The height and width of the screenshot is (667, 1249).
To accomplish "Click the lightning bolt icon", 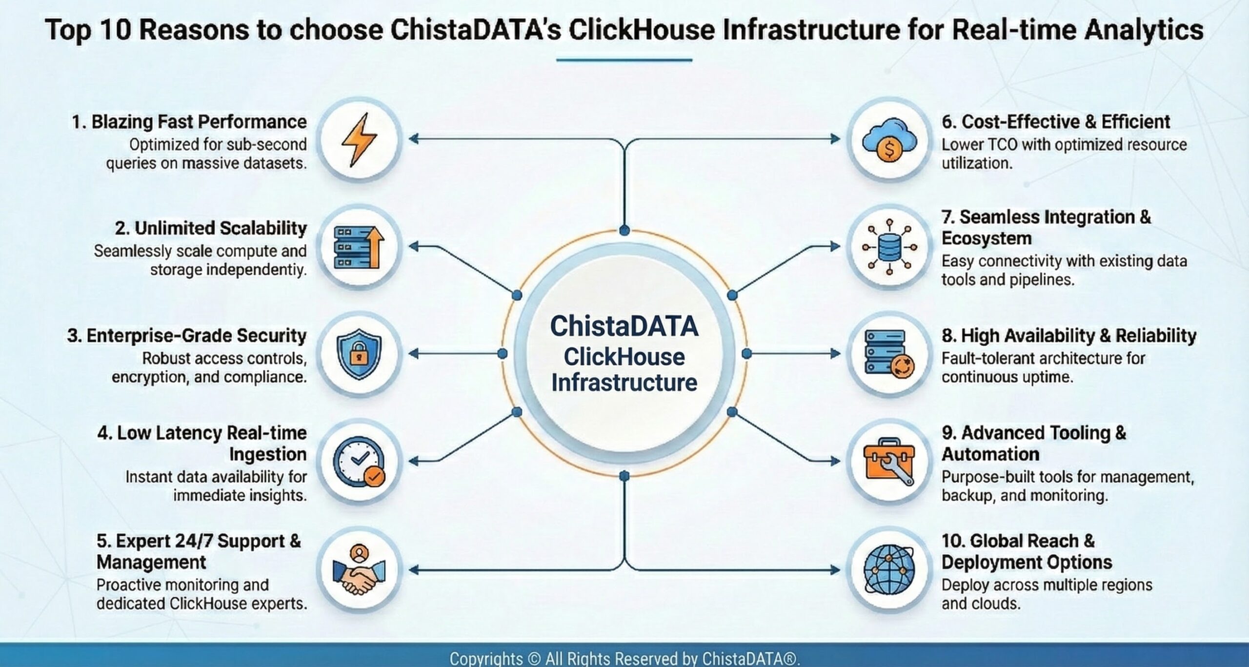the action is pos(359,140).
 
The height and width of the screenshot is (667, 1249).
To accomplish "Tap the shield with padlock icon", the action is pos(359,354).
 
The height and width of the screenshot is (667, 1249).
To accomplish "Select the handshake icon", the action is pos(359,570).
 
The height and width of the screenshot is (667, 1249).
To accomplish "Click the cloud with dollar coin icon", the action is pos(889,140).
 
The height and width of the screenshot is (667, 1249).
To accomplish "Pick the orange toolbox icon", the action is pos(889,462).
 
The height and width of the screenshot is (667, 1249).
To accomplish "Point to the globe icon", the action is pos(889,570).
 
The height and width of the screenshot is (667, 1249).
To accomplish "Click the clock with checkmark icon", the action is pos(359,462).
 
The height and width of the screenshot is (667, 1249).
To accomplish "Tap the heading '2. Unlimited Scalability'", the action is pos(211,228).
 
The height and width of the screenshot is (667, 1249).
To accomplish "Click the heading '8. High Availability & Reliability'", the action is pos(1069,336).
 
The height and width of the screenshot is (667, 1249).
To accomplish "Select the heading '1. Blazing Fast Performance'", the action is pos(189,122).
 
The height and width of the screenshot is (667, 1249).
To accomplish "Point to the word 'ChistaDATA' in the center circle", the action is pos(624,326).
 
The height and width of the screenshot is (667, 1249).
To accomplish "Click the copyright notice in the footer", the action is pos(624,658).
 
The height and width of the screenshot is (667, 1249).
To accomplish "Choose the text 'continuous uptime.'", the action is pos(1007,377).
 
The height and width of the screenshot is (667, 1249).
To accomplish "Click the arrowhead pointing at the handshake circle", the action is pos(413,569).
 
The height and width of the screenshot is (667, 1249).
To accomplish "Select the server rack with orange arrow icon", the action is pos(359,247).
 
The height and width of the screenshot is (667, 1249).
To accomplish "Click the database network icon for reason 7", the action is pos(889,247).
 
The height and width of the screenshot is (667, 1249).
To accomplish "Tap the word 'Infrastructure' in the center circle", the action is pos(624,382).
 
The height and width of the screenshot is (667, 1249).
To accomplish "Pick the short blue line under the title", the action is pos(624,60).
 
